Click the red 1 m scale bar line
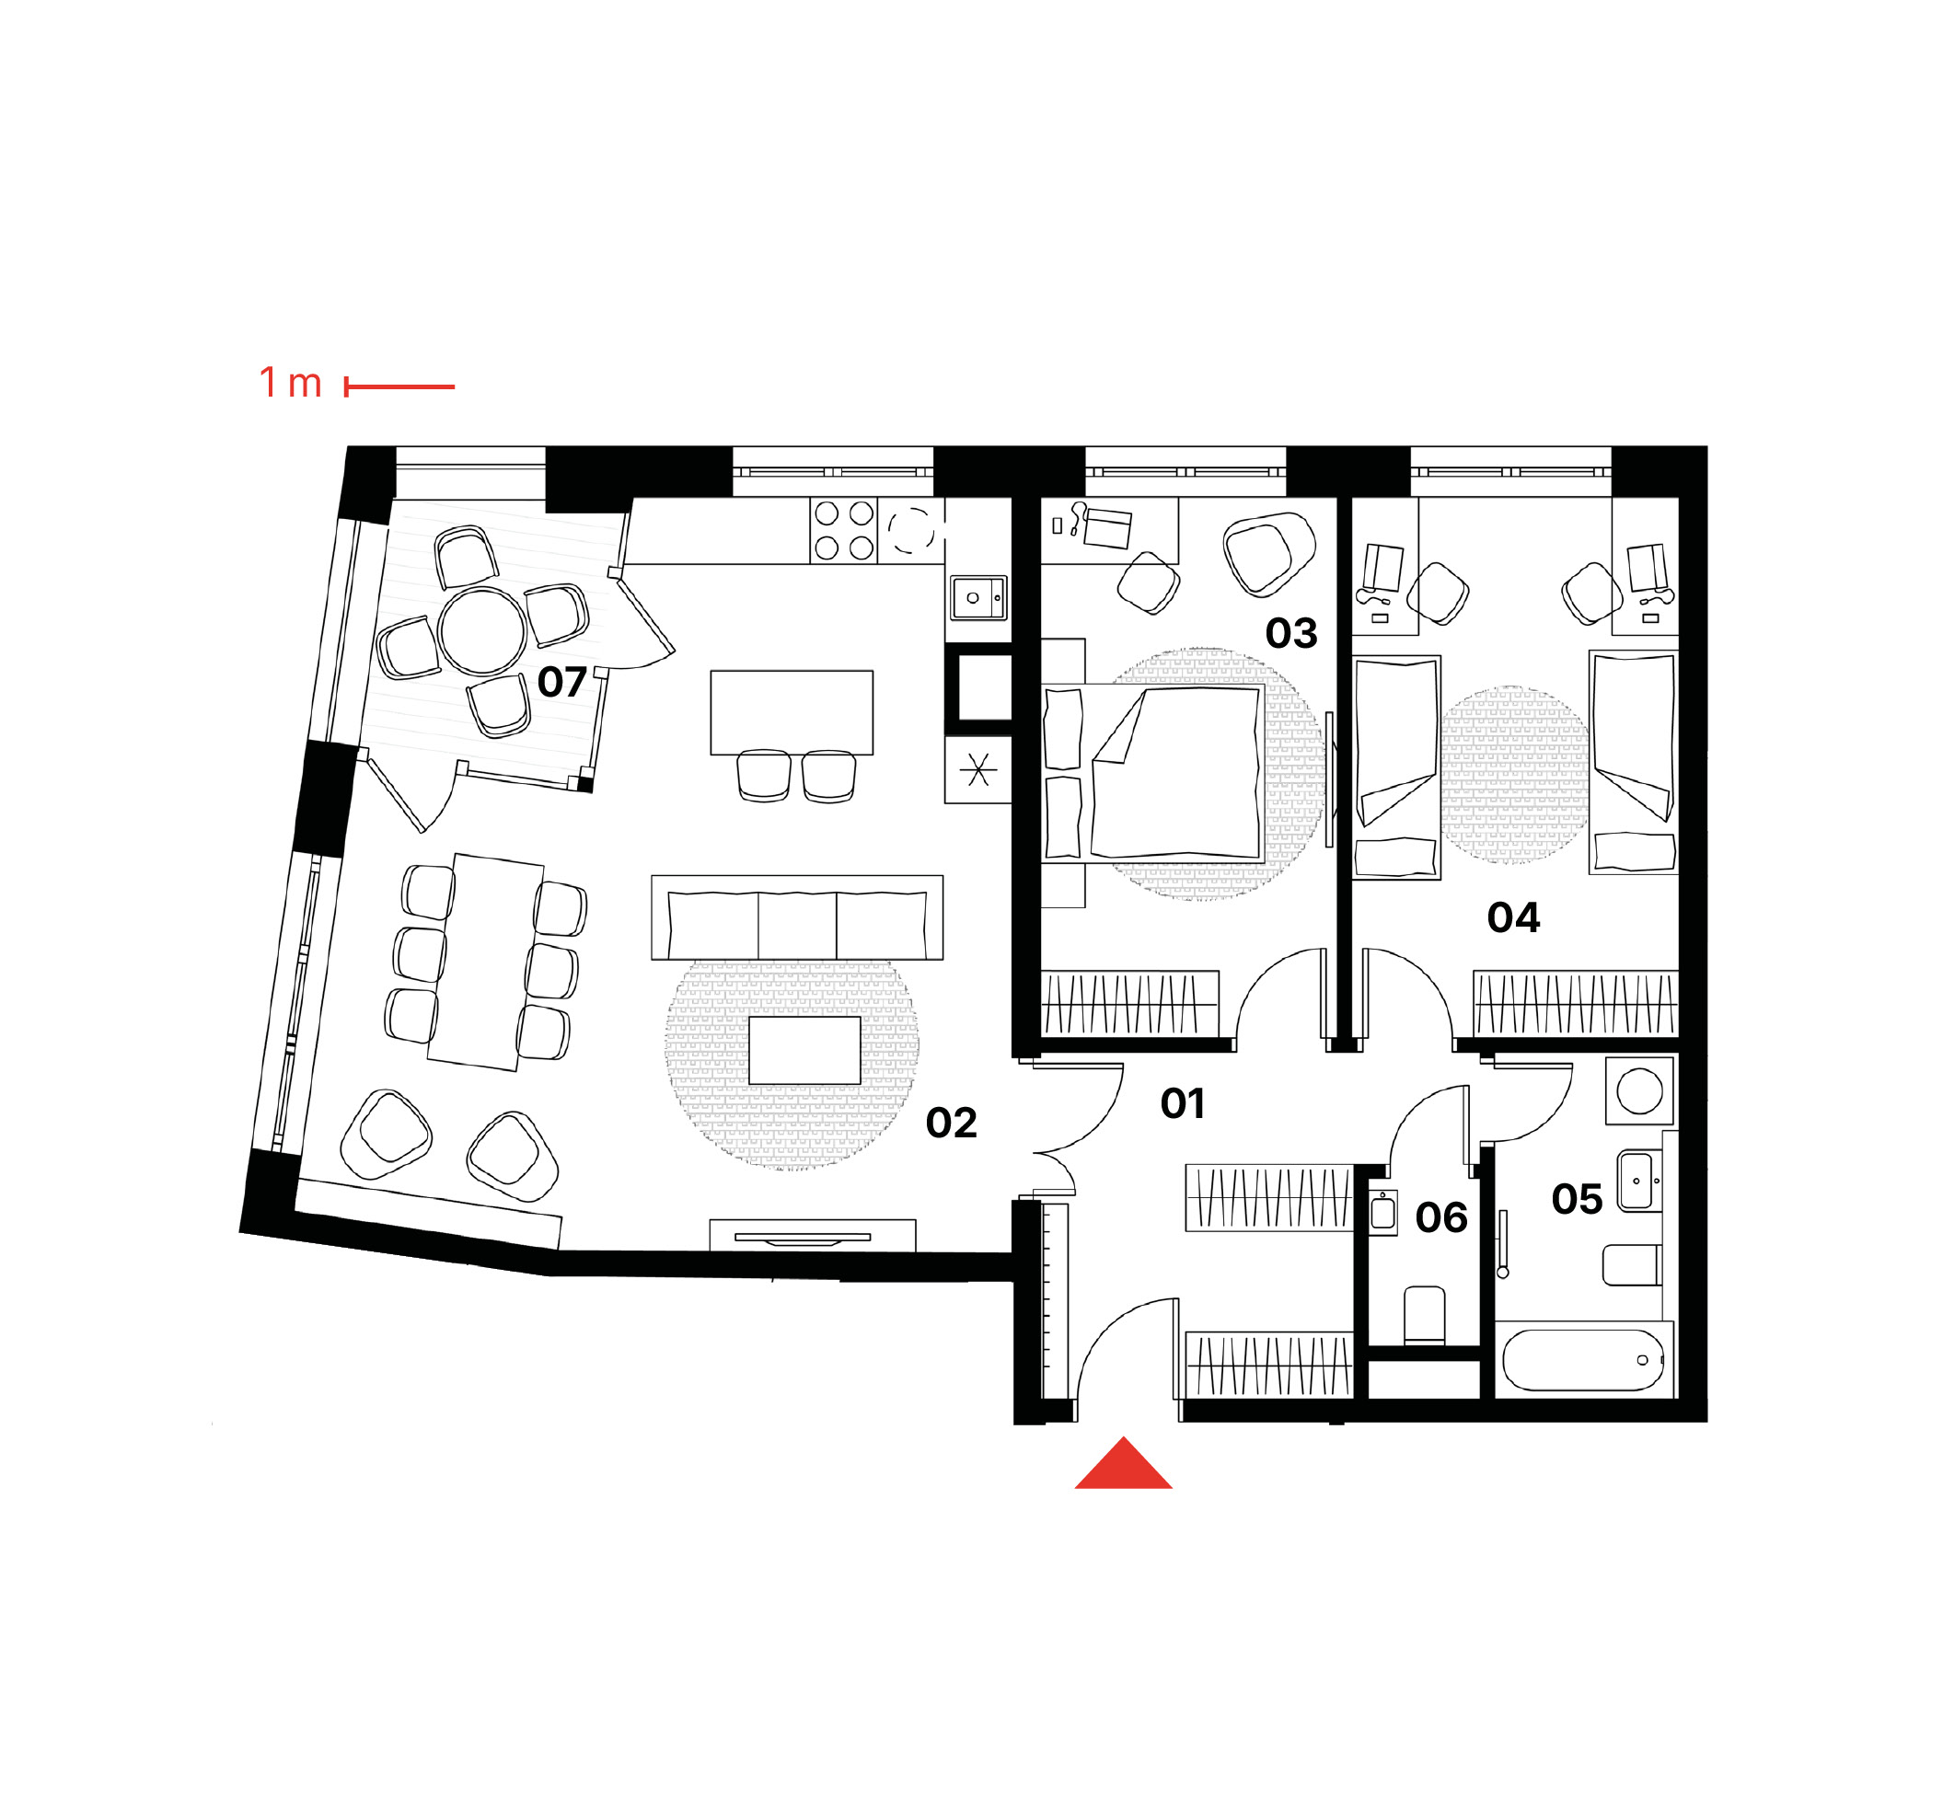pyautogui.click(x=399, y=387)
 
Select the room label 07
pyautogui.click(x=562, y=682)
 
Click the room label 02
pyautogui.click(x=951, y=1123)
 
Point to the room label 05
pyautogui.click(x=1577, y=1199)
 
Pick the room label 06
pyautogui.click(x=1441, y=1217)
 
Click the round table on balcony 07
pyautogui.click(x=483, y=631)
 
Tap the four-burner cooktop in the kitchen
pyautogui.click(x=843, y=531)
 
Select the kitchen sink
pyautogui.click(x=978, y=598)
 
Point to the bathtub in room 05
pyautogui.click(x=1583, y=1359)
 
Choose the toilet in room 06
pyautogui.click(x=1424, y=1315)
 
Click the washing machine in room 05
pyautogui.click(x=1639, y=1089)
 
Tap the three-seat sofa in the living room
pyautogui.click(x=797, y=917)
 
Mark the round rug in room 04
pyautogui.click(x=1514, y=775)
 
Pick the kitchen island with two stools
pyautogui.click(x=792, y=712)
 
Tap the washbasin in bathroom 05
pyautogui.click(x=1639, y=1181)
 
